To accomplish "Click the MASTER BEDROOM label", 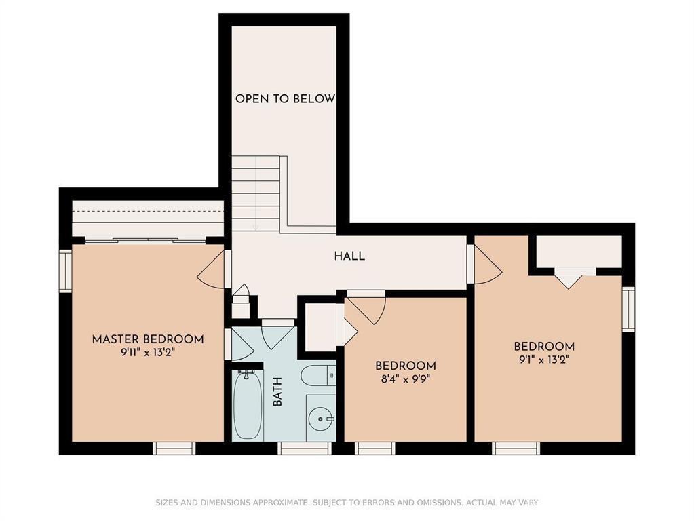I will [x=148, y=339].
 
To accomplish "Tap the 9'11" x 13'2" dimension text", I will [x=148, y=352].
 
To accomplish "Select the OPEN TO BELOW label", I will [x=285, y=99].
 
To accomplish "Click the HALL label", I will [x=349, y=256].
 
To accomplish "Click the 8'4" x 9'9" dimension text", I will [x=406, y=379].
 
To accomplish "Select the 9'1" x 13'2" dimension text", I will [x=543, y=360].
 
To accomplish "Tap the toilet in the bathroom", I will [x=317, y=375].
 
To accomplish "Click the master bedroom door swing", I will [x=212, y=271].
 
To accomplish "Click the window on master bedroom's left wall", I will [x=65, y=271].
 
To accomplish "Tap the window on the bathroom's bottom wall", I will [x=305, y=448].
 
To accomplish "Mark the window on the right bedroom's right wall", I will [x=628, y=309].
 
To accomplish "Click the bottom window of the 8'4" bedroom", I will [x=375, y=448].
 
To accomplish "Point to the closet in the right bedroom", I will [x=579, y=252].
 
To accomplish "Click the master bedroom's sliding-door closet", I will [x=148, y=220].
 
